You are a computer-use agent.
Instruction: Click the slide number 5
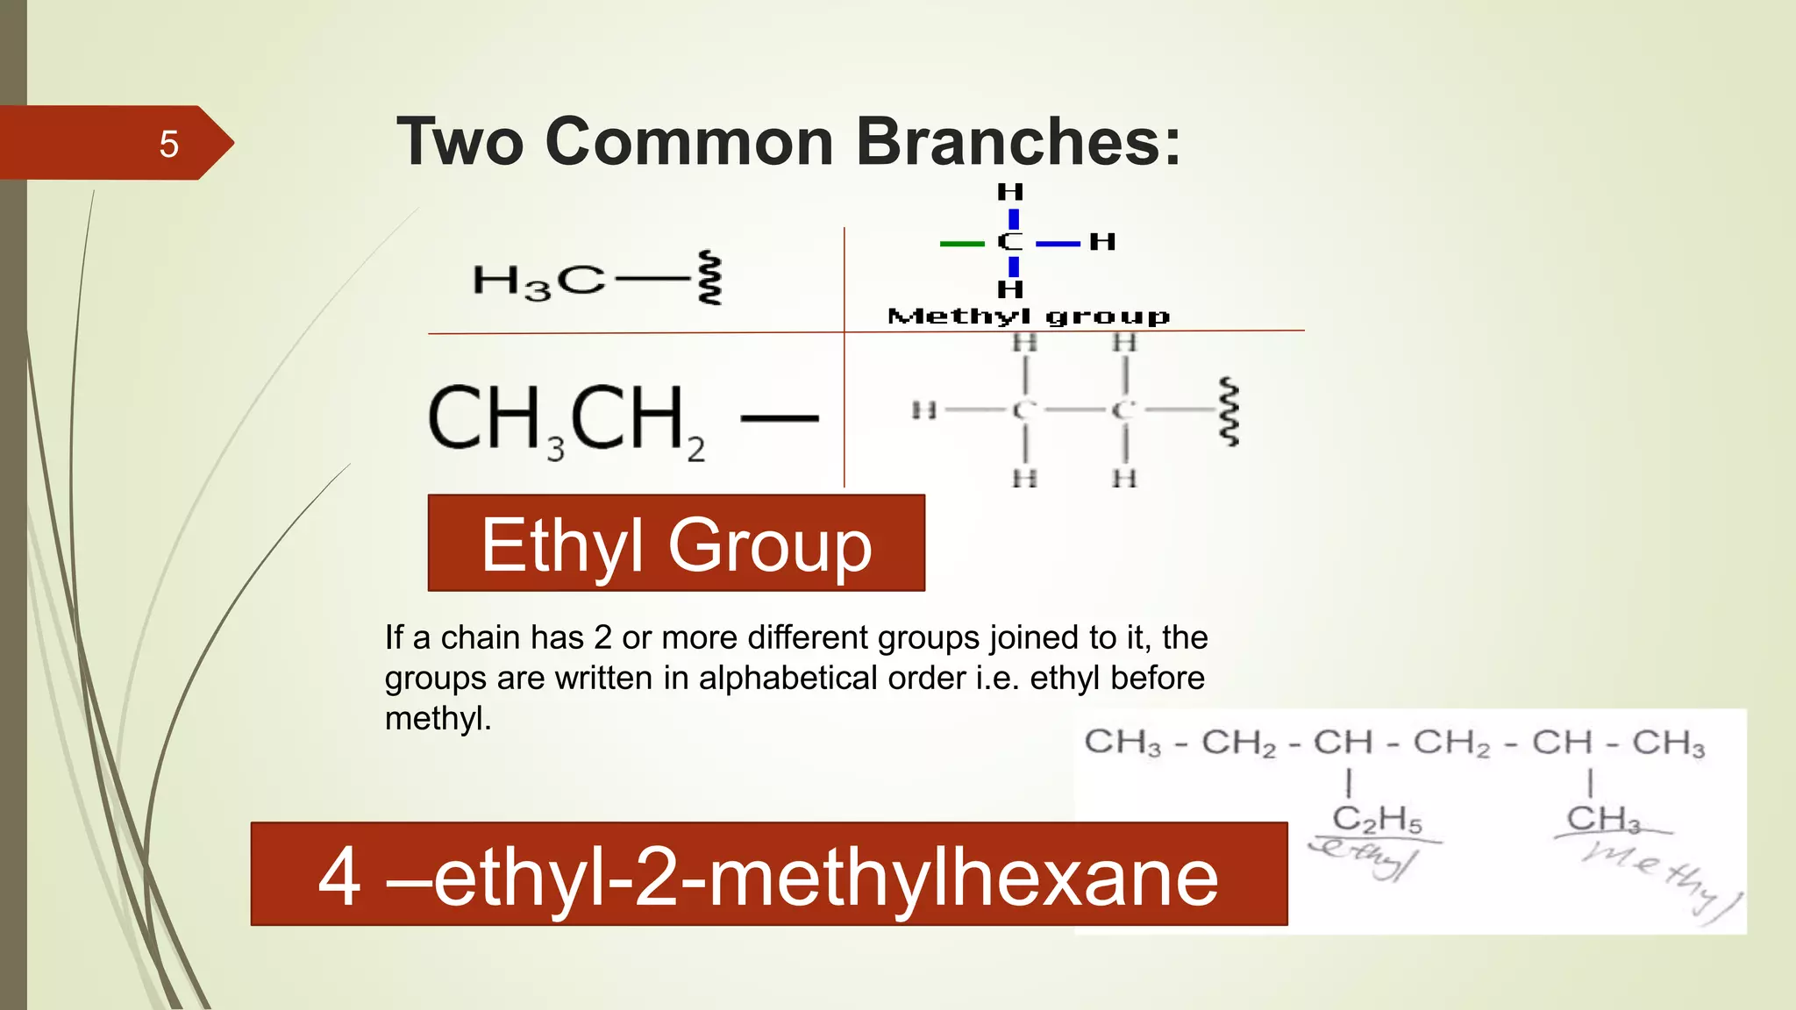pos(168,144)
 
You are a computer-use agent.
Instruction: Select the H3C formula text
pos(538,281)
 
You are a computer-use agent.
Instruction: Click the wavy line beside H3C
pos(709,278)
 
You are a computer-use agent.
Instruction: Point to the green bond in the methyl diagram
pos(961,243)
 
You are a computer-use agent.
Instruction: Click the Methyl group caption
pos(1029,316)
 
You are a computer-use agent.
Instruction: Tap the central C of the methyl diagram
pos(1010,242)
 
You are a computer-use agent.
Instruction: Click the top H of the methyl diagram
pos(1010,192)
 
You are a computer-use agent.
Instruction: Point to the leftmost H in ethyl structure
pos(923,409)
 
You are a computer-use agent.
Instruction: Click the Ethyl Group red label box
pos(676,544)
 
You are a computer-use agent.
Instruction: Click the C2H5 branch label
pos(1376,819)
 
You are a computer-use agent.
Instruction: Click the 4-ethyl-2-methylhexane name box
pos(768,875)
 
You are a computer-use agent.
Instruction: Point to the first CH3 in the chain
pos(1122,743)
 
